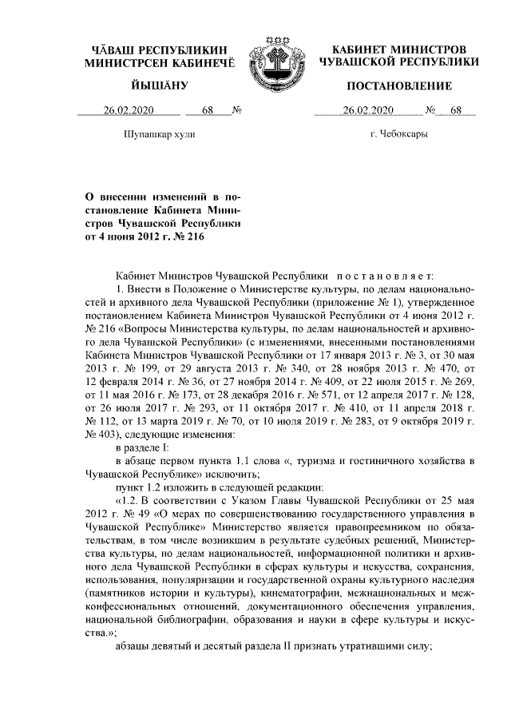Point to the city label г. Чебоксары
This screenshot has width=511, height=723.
tap(398, 134)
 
